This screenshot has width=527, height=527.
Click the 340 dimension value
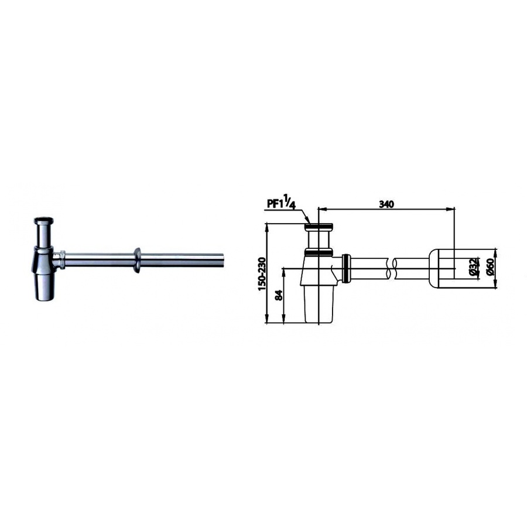[x=386, y=204]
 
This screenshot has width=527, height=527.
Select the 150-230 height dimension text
[x=262, y=274]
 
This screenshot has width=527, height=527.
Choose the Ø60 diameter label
[x=490, y=267]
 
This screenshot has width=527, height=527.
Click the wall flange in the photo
[x=137, y=260]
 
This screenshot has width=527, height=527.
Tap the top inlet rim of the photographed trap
[x=44, y=221]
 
